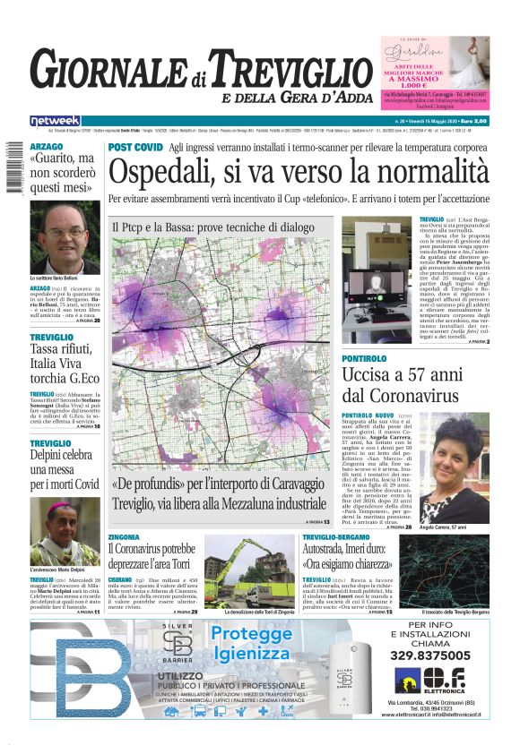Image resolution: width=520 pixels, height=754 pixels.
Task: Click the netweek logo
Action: coord(55,120)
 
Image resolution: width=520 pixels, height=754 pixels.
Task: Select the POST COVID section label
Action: coord(134,146)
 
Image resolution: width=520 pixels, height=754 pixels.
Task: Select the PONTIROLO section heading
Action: coord(365,358)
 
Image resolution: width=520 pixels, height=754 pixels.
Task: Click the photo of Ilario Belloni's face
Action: coord(64,242)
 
